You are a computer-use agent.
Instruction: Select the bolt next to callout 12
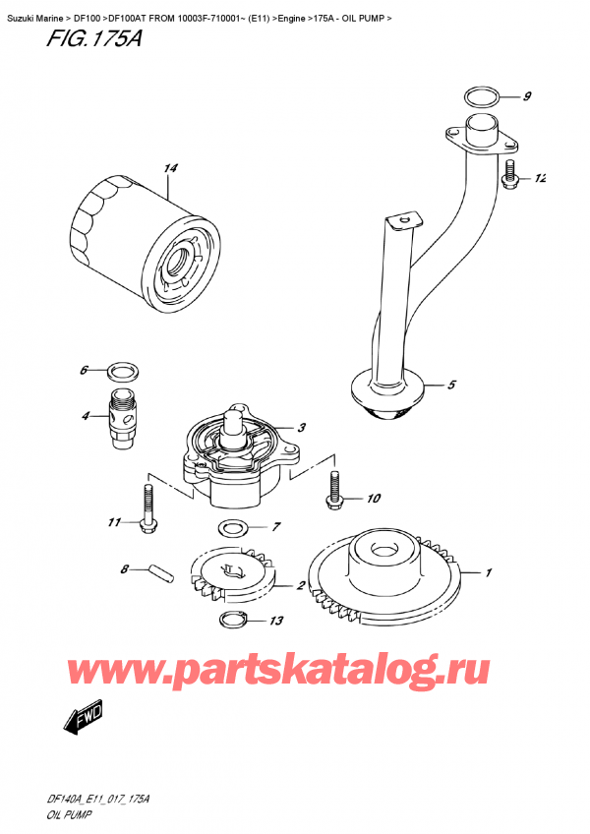(x=509, y=176)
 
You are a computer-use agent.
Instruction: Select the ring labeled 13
(x=232, y=620)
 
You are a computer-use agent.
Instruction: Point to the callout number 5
(x=451, y=386)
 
